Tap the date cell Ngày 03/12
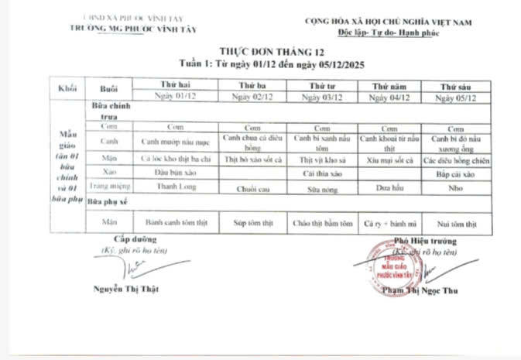tap(320, 98)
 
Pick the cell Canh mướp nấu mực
tap(175, 142)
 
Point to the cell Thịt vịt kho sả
tap(319, 159)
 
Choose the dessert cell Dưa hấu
tap(386, 187)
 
